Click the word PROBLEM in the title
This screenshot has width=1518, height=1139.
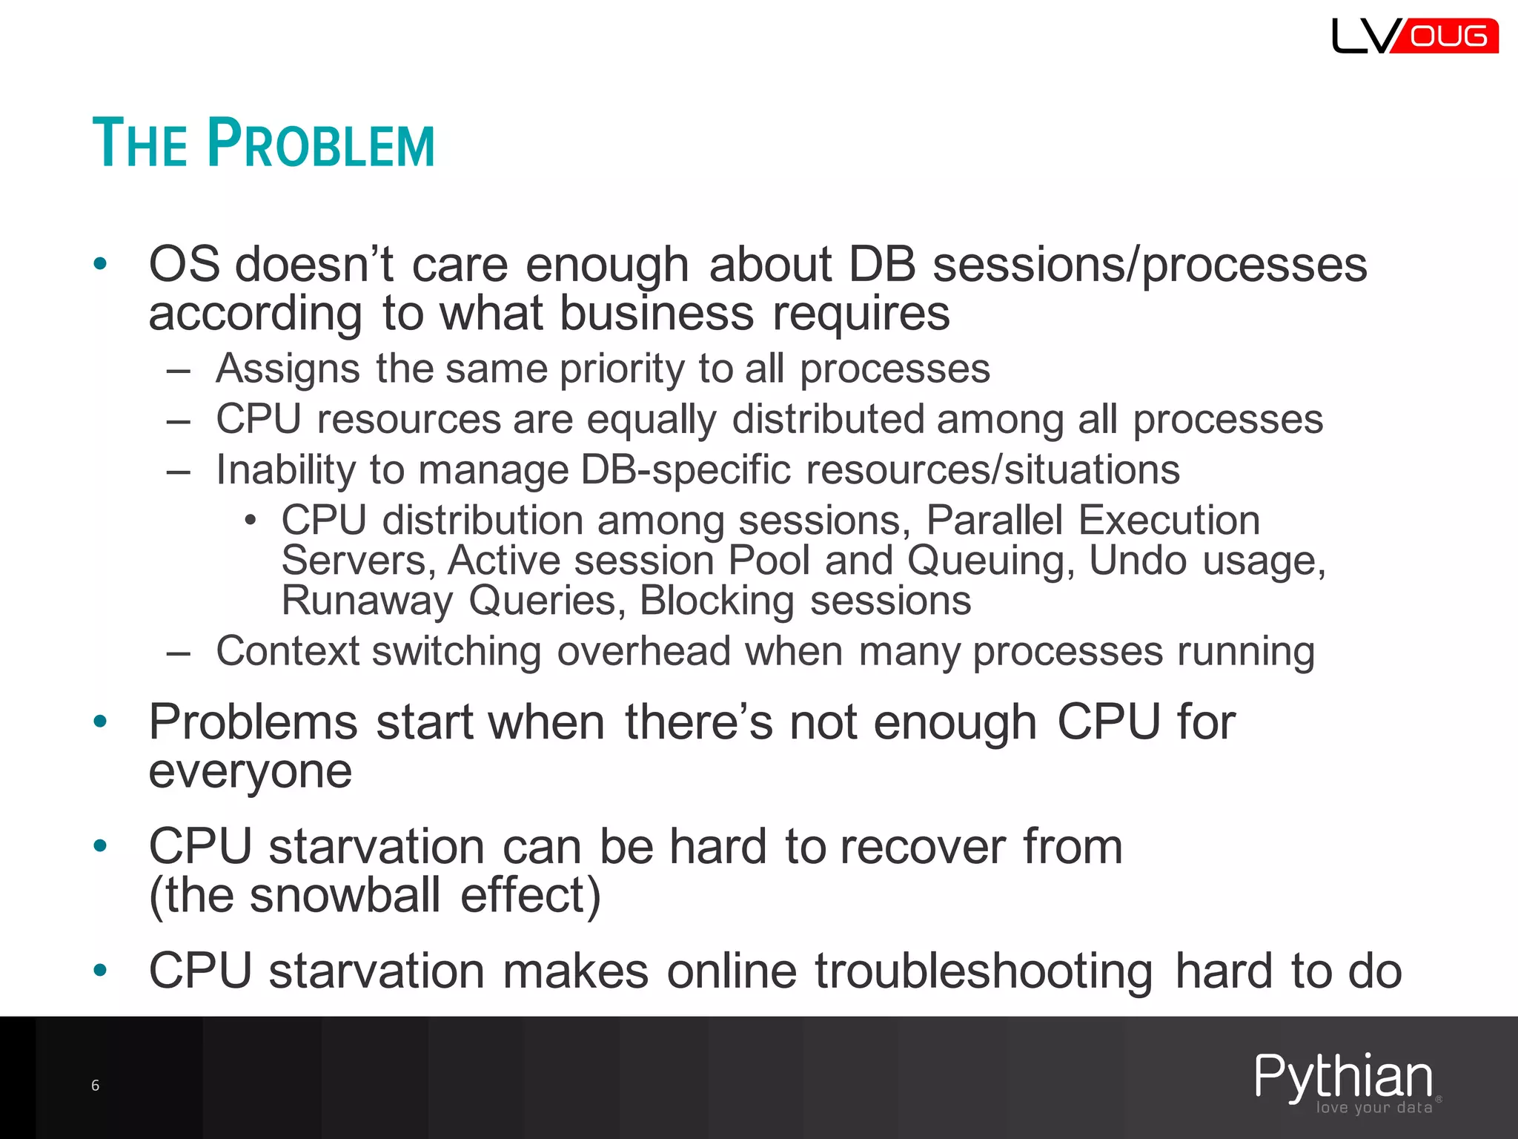[x=321, y=143]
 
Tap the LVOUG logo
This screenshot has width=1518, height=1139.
[x=1414, y=36]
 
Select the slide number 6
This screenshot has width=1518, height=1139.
[x=95, y=1086]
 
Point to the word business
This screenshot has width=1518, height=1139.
[x=656, y=313]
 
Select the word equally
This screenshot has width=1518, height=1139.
[x=652, y=419]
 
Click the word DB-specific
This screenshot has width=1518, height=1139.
[x=686, y=469]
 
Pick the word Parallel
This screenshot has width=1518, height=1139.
[x=994, y=520]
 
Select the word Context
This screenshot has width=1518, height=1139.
[x=287, y=651]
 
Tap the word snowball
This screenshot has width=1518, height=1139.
[x=345, y=895]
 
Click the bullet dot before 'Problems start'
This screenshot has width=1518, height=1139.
[x=101, y=722]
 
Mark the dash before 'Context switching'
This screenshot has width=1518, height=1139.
[x=179, y=653]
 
